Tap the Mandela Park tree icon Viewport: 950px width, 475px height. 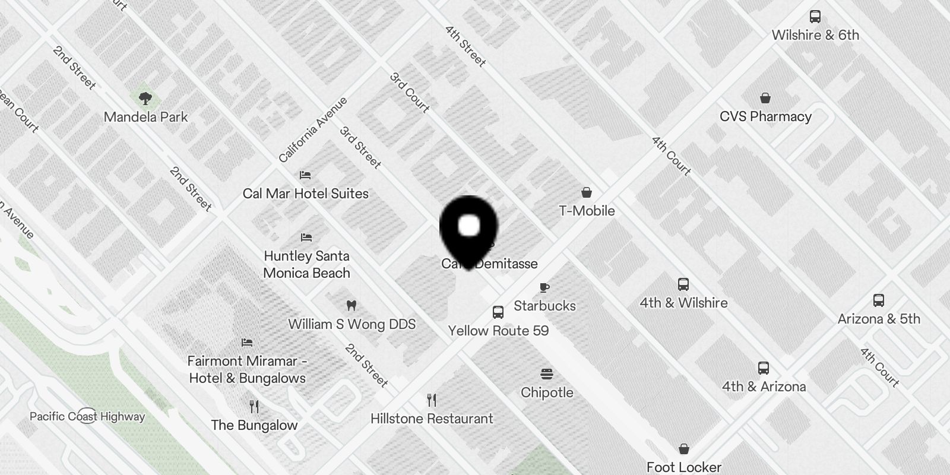[x=145, y=98]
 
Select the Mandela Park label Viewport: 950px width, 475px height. [x=145, y=117]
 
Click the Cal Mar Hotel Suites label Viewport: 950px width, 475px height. [x=305, y=194]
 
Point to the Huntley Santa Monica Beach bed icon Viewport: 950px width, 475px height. [x=306, y=237]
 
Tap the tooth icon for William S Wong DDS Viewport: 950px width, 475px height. [x=351, y=306]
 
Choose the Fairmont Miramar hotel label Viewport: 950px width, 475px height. [x=247, y=369]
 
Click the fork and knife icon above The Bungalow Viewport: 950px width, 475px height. [x=254, y=406]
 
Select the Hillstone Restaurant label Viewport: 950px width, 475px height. [x=432, y=419]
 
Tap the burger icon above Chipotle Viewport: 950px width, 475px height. [x=547, y=374]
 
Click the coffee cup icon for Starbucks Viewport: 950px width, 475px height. [x=544, y=288]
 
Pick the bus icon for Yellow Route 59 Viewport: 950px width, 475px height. [x=498, y=312]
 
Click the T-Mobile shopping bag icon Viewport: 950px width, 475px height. [x=587, y=192]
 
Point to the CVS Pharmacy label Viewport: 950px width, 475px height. [x=765, y=116]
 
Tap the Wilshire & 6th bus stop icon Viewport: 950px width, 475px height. [x=815, y=17]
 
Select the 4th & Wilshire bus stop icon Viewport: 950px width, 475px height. [x=683, y=284]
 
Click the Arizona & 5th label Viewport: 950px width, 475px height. [x=879, y=319]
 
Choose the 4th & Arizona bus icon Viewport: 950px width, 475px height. [x=764, y=368]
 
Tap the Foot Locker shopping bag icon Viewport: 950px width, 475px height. [x=684, y=449]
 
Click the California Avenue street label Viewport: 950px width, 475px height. [x=312, y=130]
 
